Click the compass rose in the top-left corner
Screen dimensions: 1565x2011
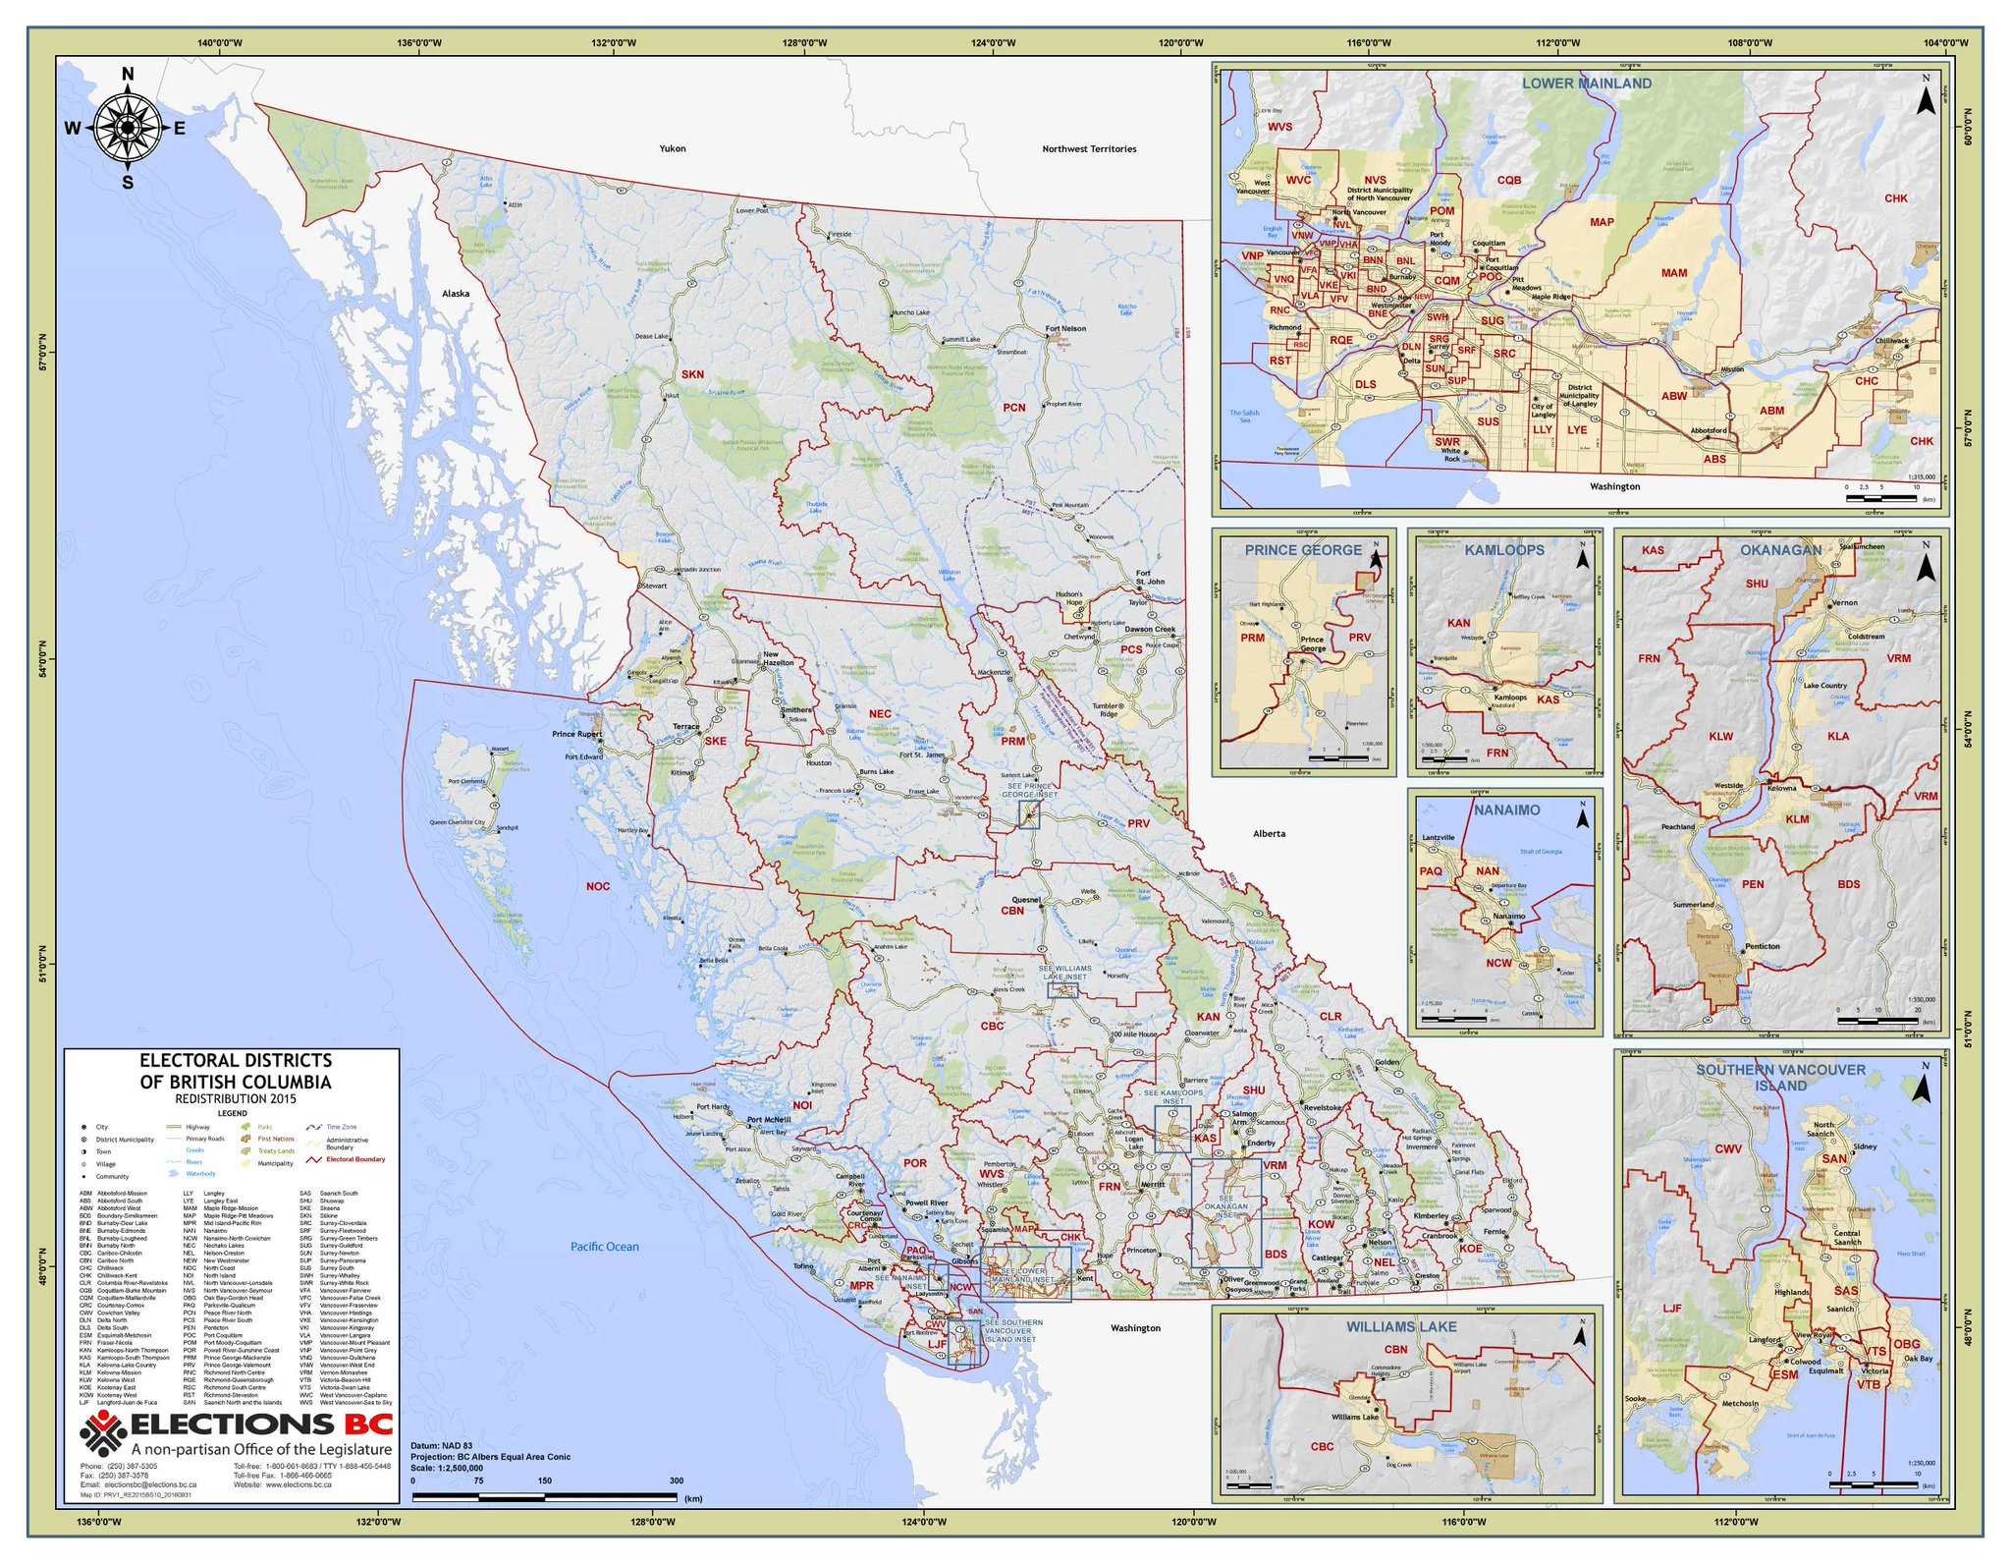[x=128, y=128]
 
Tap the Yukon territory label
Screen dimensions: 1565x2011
[x=673, y=148]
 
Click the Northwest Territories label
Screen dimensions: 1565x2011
[x=1089, y=149]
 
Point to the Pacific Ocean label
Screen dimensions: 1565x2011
[x=605, y=1247]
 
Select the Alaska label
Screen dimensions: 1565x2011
[x=456, y=294]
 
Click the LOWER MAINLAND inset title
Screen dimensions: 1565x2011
[x=1587, y=84]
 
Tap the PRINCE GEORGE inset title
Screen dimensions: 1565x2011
[x=1303, y=550]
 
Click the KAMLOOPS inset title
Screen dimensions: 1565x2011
[x=1504, y=550]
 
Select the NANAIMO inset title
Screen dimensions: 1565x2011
[x=1507, y=810]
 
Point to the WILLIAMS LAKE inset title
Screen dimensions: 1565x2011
[x=1401, y=1326]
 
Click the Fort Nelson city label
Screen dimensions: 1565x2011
[x=1065, y=329]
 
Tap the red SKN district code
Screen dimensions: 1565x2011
[x=692, y=374]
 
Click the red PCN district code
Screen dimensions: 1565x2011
[x=1013, y=407]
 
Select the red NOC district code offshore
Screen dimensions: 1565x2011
[x=598, y=886]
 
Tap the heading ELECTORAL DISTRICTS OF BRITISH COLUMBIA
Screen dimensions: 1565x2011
[x=236, y=1071]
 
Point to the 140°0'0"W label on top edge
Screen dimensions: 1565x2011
[x=220, y=43]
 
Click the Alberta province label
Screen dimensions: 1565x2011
[x=1269, y=833]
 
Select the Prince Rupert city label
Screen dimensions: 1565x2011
[x=576, y=734]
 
